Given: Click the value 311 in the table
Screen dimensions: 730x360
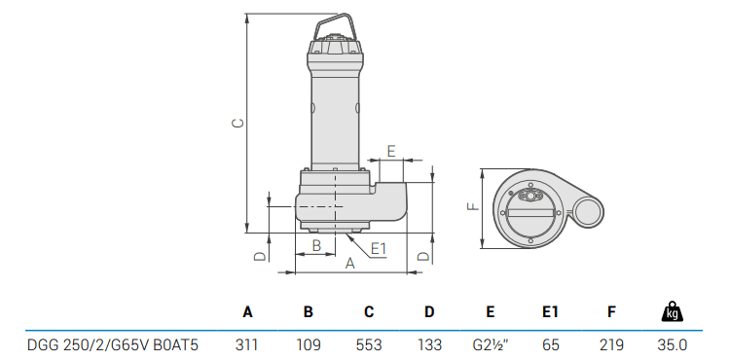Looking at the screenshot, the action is pos(247,345).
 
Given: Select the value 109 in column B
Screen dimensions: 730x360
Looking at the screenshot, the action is pos(309,345).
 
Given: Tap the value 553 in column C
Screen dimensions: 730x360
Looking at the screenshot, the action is pos(369,345).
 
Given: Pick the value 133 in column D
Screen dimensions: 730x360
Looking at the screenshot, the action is pos(429,345).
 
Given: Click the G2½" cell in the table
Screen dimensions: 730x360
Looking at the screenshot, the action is pos(491,345).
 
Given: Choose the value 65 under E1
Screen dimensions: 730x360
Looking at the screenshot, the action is pos(551,345).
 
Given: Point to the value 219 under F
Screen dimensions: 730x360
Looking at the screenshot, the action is pos(611,345).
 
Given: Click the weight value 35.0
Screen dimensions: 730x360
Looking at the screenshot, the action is pos(673,345).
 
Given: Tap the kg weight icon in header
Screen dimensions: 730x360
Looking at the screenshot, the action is pos(673,311).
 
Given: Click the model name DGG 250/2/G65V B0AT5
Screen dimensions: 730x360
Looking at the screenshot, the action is pos(113,345).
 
